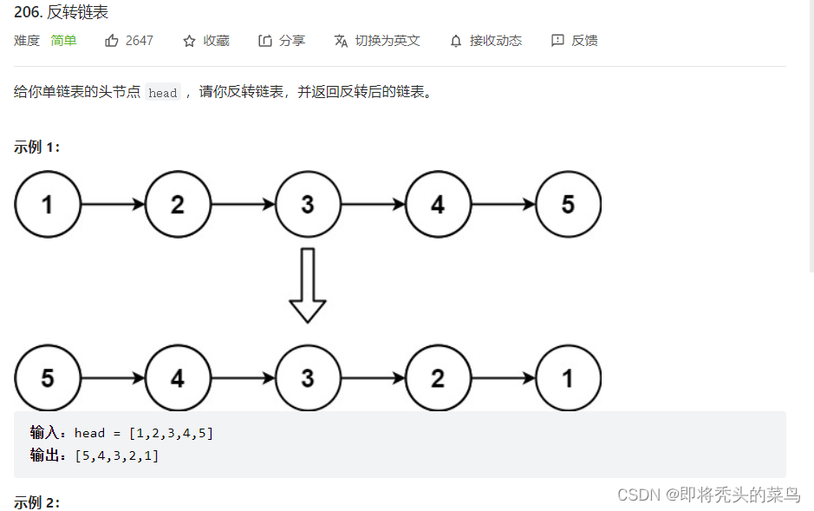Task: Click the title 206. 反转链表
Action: point(62,13)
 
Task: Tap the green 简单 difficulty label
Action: point(63,41)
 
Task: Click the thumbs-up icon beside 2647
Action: point(112,41)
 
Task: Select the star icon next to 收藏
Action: point(189,41)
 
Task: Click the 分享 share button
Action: point(282,41)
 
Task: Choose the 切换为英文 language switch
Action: point(377,41)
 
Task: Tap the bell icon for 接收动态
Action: point(456,41)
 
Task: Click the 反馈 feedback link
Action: point(575,41)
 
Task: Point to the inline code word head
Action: point(162,93)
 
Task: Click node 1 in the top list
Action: point(48,205)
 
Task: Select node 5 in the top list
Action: point(568,205)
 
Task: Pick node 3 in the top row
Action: point(308,205)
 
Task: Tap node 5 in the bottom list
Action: point(48,378)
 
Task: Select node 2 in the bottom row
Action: point(438,378)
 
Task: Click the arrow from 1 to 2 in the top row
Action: point(113,205)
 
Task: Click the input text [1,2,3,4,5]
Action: point(171,433)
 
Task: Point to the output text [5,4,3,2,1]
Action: point(117,455)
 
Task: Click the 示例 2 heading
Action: point(36,502)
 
